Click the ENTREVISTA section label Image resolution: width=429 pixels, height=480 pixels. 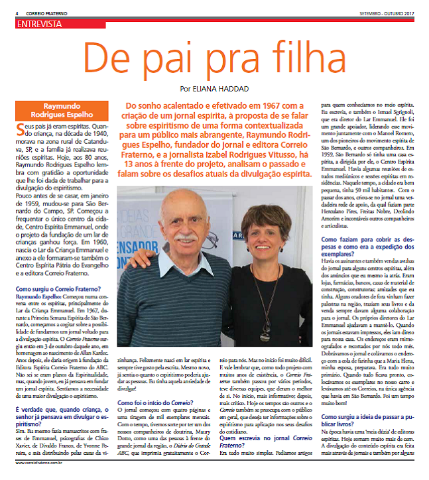pos(40,24)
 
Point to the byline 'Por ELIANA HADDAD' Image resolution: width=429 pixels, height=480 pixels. pos(214,88)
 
